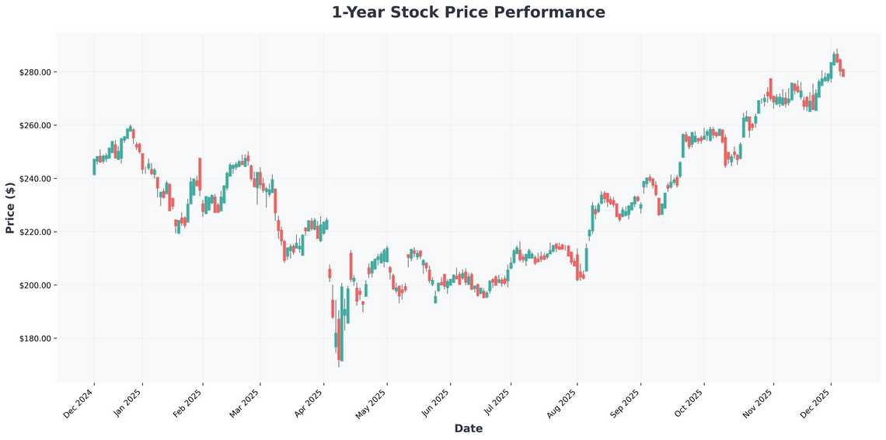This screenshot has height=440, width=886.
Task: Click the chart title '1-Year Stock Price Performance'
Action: coord(468,12)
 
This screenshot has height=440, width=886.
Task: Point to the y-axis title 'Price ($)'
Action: coord(10,208)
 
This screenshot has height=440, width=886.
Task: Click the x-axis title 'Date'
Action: coord(468,428)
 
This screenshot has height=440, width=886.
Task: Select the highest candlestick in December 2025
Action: coord(835,58)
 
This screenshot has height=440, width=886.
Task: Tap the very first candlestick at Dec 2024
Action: coord(94,166)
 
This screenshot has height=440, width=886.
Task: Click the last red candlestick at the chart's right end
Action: coord(842,72)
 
